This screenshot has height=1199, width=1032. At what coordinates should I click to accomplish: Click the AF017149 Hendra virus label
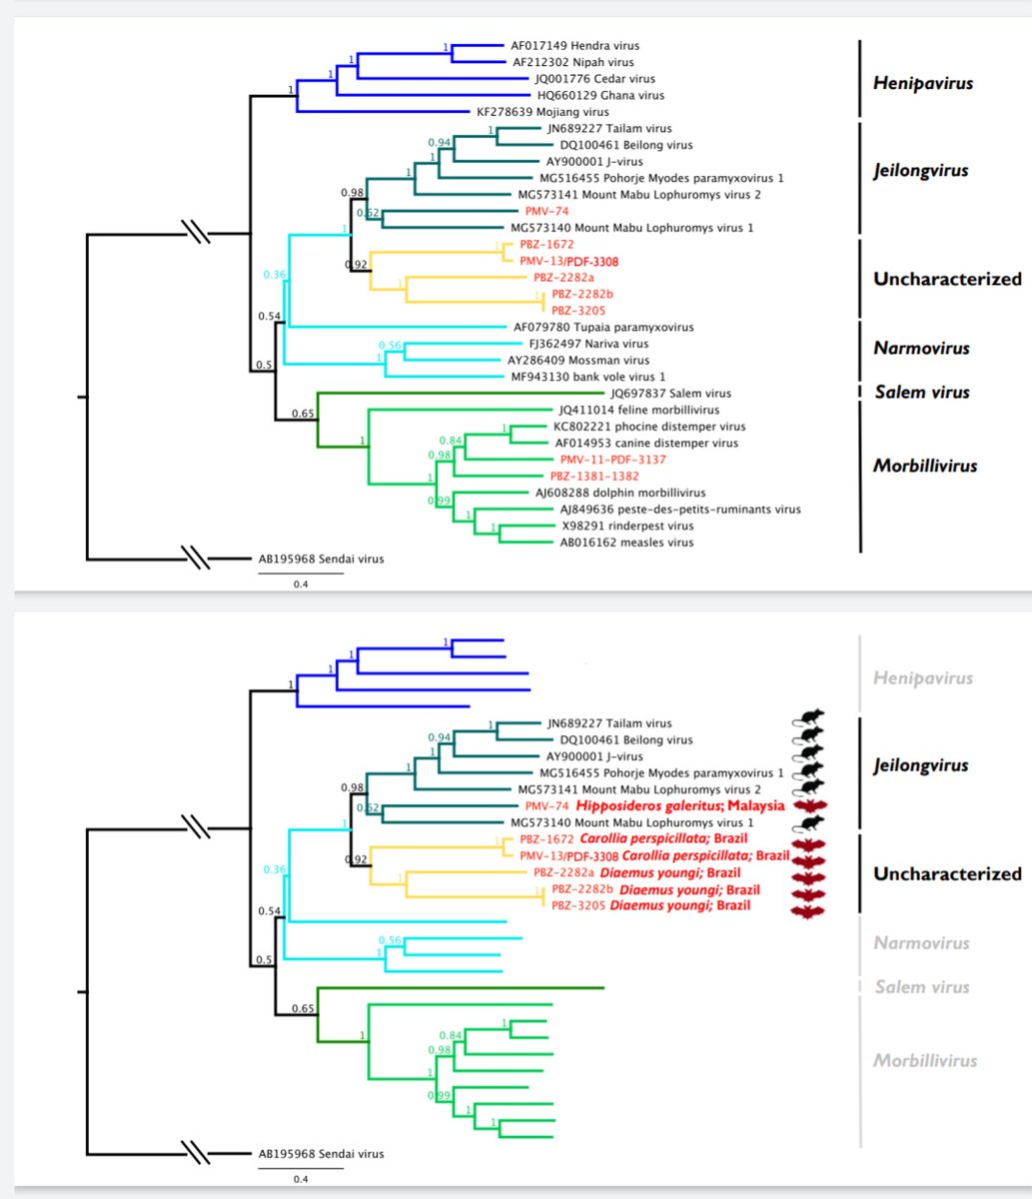(574, 45)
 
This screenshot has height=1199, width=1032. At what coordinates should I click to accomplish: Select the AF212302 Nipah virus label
(572, 62)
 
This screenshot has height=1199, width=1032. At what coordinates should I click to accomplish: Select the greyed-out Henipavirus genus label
(922, 678)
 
